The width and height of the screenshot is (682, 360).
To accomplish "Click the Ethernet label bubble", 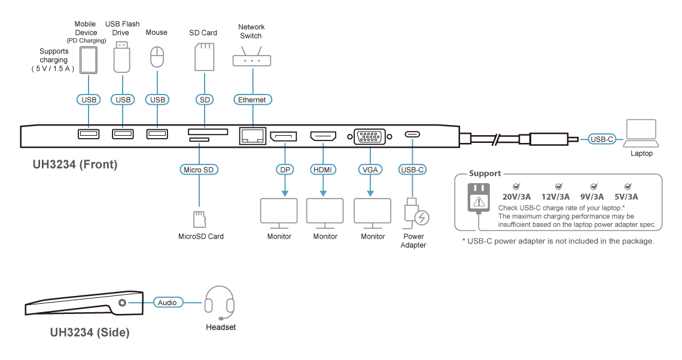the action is point(252,99).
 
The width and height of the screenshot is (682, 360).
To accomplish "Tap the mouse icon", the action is point(157,57).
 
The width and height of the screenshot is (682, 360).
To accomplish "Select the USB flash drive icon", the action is point(122,57).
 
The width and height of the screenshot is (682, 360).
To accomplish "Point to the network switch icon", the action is point(252,56).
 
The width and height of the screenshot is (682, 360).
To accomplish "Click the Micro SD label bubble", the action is point(199,170).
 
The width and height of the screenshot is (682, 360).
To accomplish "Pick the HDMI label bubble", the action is point(322,170).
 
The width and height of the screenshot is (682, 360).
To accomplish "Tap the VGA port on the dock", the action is point(370,136).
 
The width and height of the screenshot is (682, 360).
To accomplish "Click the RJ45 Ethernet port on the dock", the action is point(252,136).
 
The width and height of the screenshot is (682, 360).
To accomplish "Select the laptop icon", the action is point(641,133).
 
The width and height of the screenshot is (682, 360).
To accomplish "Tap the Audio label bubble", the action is point(168,302).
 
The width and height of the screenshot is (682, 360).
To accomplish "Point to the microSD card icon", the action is point(199,219).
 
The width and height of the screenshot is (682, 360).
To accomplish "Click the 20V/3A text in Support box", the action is point(516,197).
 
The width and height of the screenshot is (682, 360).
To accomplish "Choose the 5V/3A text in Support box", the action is point(626,197).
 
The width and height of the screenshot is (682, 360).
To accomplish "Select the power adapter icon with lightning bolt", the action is point(416,213).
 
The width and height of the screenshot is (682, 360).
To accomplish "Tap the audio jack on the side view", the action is point(123,303).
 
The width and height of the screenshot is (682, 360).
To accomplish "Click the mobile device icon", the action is point(89,60).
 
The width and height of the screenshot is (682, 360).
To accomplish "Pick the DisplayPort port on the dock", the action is point(284,136).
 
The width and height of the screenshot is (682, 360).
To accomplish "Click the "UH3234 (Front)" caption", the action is point(75,164).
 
